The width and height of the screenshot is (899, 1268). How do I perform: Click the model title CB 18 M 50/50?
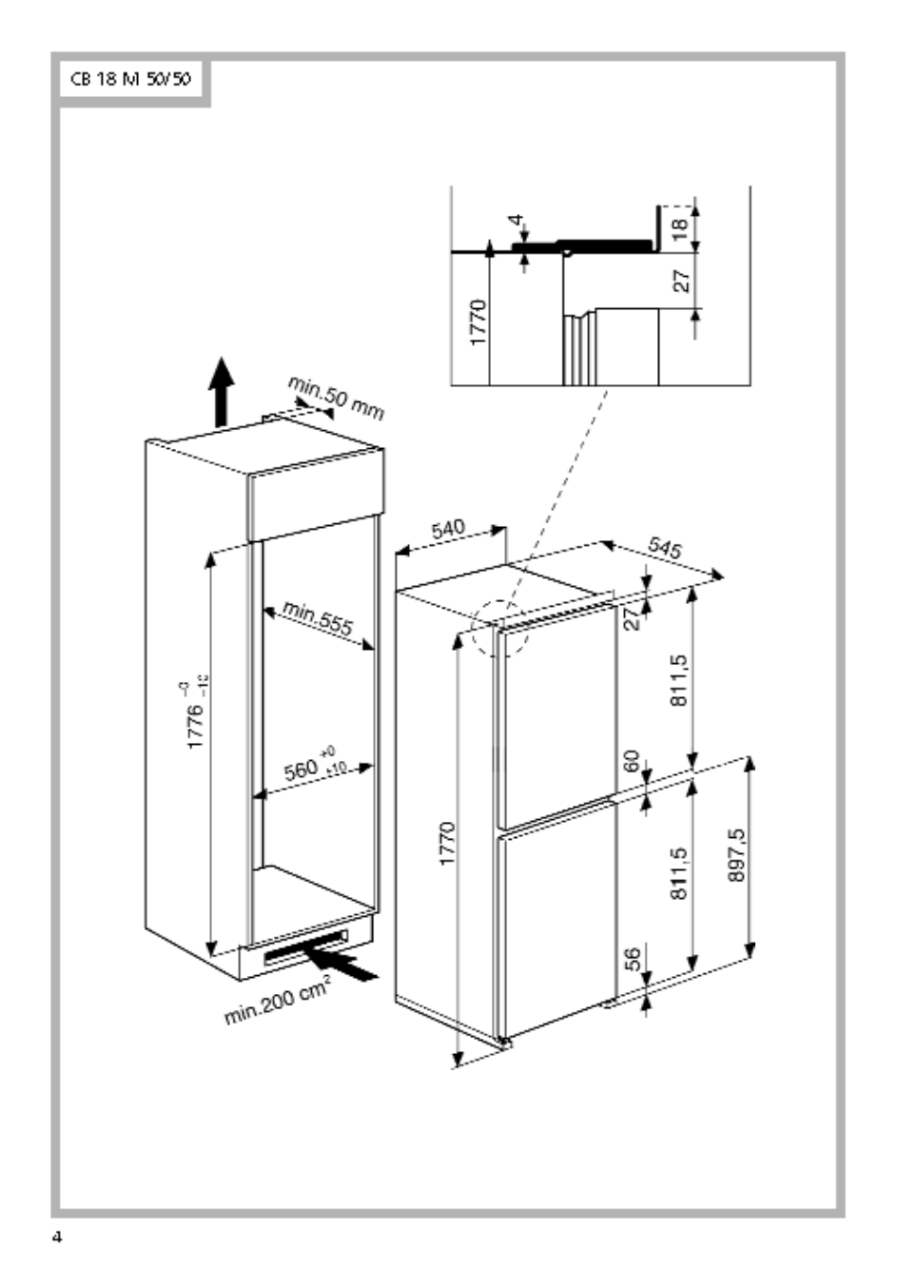(130, 80)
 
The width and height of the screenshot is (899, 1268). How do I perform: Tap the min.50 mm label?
(336, 398)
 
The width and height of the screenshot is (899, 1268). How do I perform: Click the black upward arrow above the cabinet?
(221, 392)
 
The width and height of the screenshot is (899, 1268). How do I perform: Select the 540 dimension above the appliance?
(447, 529)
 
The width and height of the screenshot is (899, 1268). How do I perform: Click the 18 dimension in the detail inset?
(679, 228)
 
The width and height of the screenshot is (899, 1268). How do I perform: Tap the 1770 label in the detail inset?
(479, 322)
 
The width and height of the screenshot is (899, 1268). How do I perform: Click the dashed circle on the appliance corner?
(501, 628)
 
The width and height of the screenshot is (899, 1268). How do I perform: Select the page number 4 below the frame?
(57, 1238)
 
